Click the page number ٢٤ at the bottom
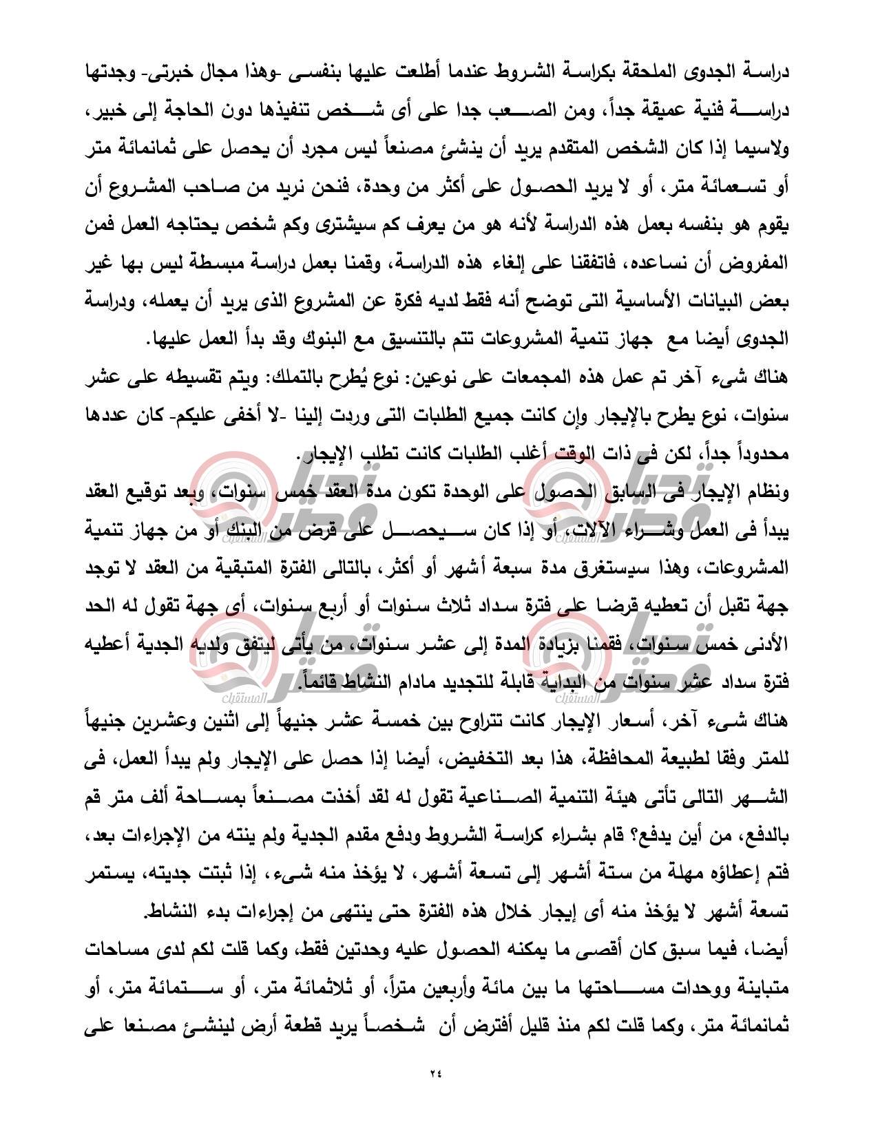coord(439,1092)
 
